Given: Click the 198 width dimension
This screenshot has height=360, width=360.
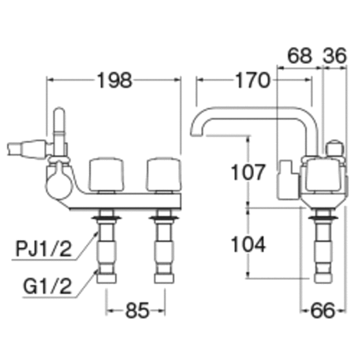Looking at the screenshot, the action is click(115, 80).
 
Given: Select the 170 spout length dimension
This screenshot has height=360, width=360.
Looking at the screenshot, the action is click(253, 80).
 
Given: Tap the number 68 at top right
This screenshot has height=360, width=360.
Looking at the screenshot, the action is click(300, 56).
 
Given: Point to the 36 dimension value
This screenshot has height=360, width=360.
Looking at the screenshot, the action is click(335, 56).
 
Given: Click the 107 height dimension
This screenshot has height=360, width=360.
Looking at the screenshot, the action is click(248, 172).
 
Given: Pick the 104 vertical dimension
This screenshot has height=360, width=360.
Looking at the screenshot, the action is click(248, 244).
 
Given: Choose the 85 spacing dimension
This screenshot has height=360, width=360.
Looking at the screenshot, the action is click(137, 310).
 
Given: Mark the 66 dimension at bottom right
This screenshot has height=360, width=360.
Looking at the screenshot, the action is click(322, 310).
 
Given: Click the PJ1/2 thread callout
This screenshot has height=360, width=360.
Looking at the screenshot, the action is click(44, 249).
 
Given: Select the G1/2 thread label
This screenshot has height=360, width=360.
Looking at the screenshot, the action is click(47, 286).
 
